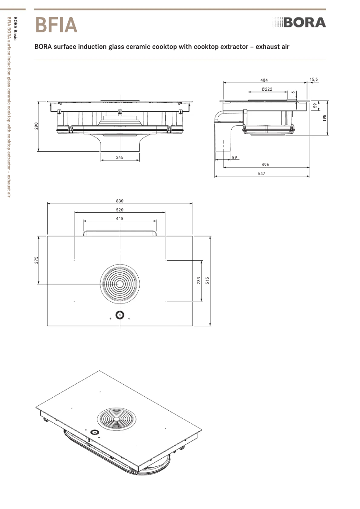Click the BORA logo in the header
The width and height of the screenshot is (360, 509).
[299, 22]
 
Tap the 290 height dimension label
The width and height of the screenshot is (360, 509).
[36, 126]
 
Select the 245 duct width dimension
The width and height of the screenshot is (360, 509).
[119, 157]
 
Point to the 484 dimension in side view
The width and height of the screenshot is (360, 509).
[264, 80]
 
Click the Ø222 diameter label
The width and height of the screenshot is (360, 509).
[267, 89]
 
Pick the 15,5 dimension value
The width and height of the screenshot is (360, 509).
[314, 79]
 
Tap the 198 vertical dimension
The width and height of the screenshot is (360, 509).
[324, 118]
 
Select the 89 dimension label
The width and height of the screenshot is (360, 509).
[235, 157]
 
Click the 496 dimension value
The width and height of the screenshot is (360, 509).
[265, 165]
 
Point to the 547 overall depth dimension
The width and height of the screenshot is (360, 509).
[262, 173]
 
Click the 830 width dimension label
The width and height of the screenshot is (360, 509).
[119, 201]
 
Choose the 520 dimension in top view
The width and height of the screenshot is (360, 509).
[119, 210]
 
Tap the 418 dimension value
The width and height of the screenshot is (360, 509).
[119, 218]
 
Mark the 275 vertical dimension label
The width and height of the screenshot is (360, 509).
[36, 260]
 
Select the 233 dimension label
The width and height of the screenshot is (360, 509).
[199, 281]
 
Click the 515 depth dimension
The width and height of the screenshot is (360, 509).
[207, 281]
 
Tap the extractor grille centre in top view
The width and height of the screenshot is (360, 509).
[120, 284]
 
